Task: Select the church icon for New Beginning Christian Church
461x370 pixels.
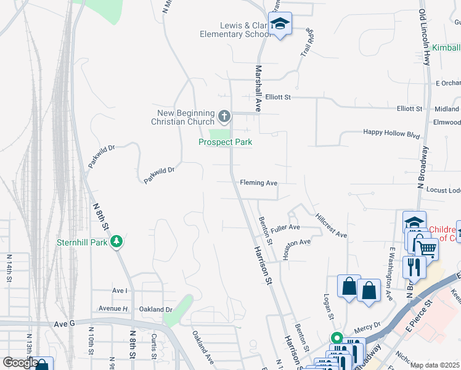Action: pyautogui.click(x=224, y=115)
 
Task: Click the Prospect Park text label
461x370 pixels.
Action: pyautogui.click(x=225, y=142)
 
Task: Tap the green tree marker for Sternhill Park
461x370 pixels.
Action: pyautogui.click(x=116, y=242)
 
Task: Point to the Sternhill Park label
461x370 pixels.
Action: pyautogui.click(x=82, y=242)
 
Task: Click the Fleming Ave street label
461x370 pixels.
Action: pyautogui.click(x=259, y=183)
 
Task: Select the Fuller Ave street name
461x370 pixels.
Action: pyautogui.click(x=285, y=228)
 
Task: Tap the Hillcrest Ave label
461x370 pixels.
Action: pyautogui.click(x=331, y=226)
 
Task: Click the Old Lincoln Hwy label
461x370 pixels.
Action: pyautogui.click(x=424, y=37)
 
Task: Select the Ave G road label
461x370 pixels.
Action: pyautogui.click(x=64, y=323)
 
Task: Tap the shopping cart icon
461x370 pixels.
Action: pyautogui.click(x=426, y=249)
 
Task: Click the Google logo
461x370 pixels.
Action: pyautogui.click(x=20, y=362)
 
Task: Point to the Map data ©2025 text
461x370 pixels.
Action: pyautogui.click(x=434, y=365)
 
